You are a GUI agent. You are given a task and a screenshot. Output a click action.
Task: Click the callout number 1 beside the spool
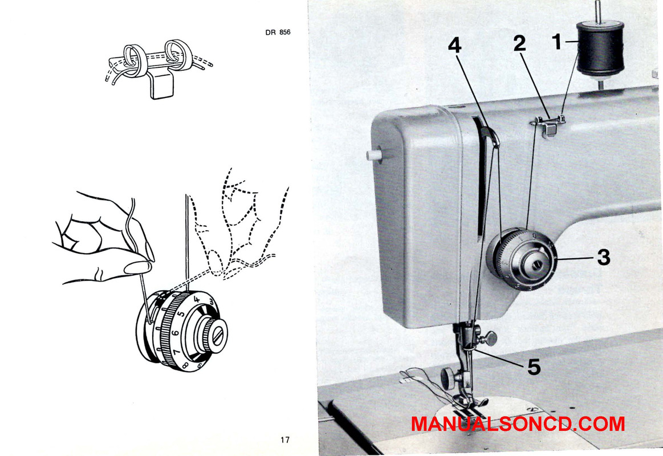coord(557,41)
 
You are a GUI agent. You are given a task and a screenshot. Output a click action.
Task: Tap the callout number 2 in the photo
coord(519,43)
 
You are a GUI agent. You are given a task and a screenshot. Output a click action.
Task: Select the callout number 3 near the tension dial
coord(603,258)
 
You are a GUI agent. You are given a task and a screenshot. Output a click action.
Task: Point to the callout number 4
coord(454,45)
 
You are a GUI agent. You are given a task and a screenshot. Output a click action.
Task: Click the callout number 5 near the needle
coord(534,367)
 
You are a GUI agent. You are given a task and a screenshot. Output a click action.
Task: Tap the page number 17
coord(285,439)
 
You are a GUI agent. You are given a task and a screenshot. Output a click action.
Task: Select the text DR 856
coord(278,32)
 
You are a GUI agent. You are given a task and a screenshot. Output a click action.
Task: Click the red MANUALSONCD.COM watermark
coord(518,424)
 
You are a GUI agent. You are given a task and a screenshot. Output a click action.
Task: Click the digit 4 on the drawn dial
coord(197,299)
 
